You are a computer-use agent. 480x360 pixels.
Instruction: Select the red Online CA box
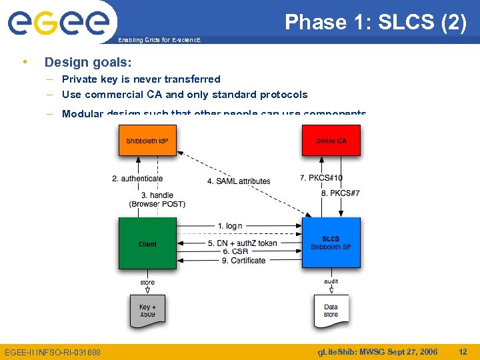pyautogui.click(x=331, y=141)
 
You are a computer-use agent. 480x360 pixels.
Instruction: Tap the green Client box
pyautogui.click(x=147, y=244)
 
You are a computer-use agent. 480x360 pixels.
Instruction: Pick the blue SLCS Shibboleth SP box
pyautogui.click(x=331, y=243)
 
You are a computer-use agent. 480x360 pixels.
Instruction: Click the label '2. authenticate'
pyautogui.click(x=137, y=178)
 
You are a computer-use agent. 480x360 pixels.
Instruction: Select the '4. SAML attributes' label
pyautogui.click(x=239, y=181)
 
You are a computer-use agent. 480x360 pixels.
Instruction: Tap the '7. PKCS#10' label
pyautogui.click(x=321, y=178)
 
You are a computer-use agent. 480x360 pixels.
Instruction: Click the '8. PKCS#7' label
pyautogui.click(x=341, y=193)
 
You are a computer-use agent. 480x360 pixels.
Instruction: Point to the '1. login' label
pyautogui.click(x=230, y=226)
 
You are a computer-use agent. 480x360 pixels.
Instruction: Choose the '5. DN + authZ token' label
pyautogui.click(x=242, y=243)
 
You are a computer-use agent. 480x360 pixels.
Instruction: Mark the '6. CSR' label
pyautogui.click(x=235, y=251)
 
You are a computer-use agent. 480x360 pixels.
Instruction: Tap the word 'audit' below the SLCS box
pyautogui.click(x=331, y=282)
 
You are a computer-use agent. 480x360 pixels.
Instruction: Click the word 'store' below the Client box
pyautogui.click(x=147, y=282)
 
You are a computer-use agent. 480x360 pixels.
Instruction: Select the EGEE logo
pyautogui.click(x=58, y=21)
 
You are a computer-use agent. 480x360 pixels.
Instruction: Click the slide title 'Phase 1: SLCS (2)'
pyautogui.click(x=375, y=23)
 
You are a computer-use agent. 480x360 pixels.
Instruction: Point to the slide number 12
pyautogui.click(x=463, y=351)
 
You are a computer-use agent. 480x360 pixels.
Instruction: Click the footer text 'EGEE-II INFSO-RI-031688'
pyautogui.click(x=53, y=352)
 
